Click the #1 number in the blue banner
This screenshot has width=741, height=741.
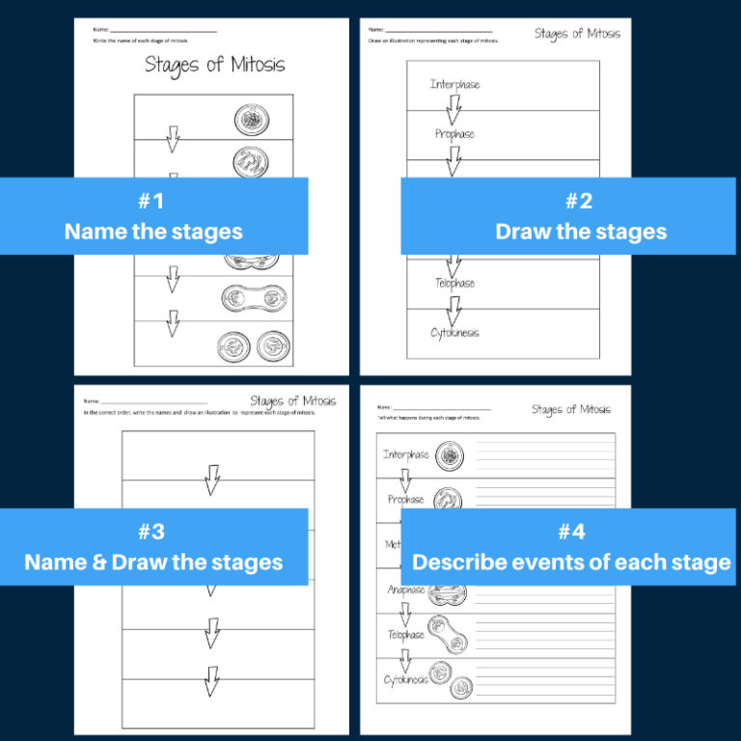coord(152,202)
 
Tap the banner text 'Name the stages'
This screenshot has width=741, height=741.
coord(153,232)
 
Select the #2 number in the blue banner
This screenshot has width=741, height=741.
coord(579,202)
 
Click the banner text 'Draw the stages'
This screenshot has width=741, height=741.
coord(581,232)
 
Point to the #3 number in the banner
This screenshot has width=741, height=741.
coord(152,532)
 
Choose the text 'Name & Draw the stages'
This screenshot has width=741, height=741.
coord(153,563)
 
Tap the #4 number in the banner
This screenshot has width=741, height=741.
coord(571,532)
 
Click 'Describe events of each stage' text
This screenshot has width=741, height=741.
coord(571,563)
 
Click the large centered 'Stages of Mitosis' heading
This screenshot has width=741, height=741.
coord(214,66)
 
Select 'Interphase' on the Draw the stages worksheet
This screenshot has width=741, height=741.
coord(454,85)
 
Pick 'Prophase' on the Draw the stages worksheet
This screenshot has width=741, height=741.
coord(454,134)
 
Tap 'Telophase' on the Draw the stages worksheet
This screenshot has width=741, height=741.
coord(454,284)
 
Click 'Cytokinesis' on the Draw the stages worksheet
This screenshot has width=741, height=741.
coord(454,333)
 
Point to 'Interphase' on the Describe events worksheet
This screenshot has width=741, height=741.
coord(405,454)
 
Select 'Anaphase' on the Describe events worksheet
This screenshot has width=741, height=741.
coord(406,590)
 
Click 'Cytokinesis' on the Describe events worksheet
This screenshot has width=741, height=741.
coord(405,680)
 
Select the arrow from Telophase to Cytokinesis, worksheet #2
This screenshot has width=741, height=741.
coord(453,309)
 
